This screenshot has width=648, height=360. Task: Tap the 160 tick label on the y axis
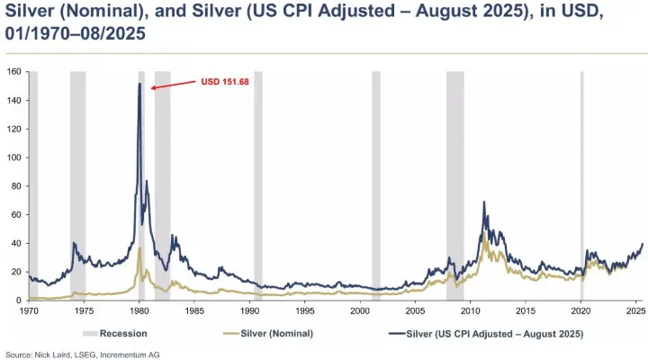point(15,71)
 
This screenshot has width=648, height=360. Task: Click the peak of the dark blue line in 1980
point(139,84)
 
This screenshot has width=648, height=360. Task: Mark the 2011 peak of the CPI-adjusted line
point(484,202)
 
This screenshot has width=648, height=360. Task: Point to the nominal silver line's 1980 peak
point(139,247)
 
